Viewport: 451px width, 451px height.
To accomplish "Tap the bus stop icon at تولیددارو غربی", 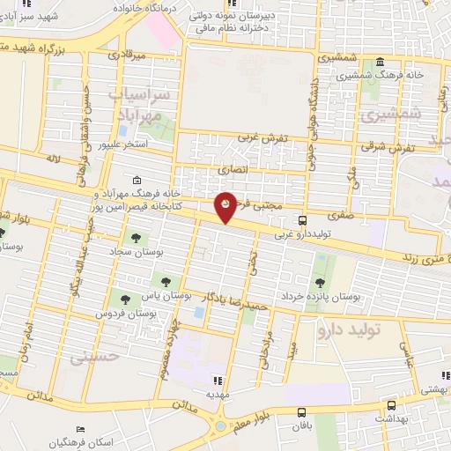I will [x=302, y=221].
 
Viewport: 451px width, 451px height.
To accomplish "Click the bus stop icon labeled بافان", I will [x=302, y=411].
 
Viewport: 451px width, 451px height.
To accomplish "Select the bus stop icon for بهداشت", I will [x=390, y=408].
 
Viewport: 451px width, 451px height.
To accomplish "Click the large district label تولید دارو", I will [x=359, y=329].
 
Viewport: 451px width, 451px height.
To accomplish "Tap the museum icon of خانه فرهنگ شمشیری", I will [x=380, y=63].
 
